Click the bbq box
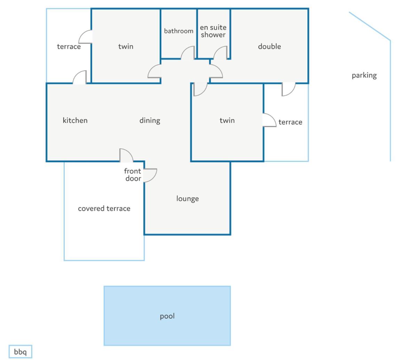21,352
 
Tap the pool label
167,316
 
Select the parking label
364,76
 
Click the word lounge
187,199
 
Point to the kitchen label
75,120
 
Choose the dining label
150,120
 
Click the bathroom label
179,31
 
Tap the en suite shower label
213,31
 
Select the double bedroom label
270,46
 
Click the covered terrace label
104,209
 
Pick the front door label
133,175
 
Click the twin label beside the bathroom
126,46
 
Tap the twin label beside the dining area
227,120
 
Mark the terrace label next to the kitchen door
69,47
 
